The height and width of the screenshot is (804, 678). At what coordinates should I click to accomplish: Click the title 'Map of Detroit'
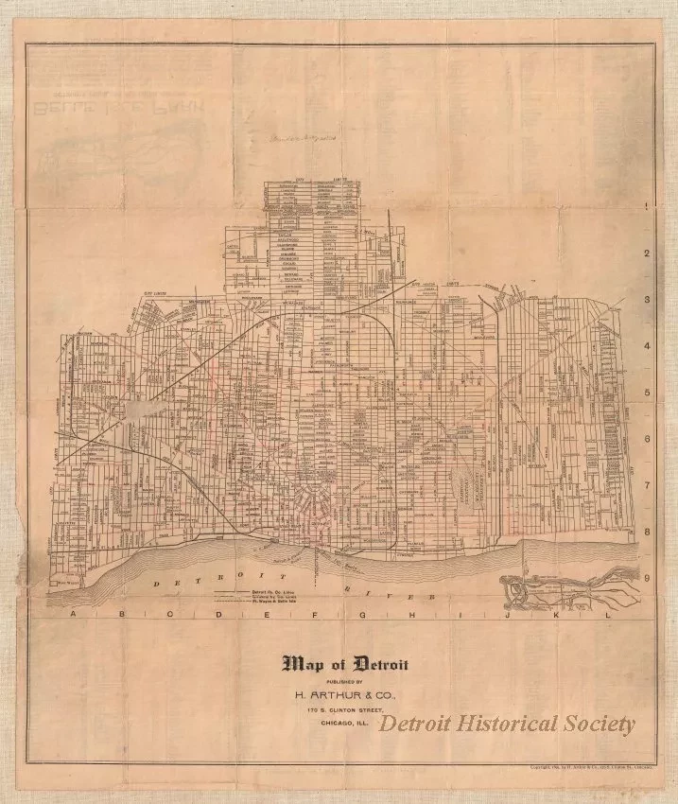pos(346,663)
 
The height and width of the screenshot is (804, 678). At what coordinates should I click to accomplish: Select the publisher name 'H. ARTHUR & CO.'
pos(345,692)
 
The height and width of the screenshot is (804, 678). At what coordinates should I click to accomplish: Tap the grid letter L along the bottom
pos(609,616)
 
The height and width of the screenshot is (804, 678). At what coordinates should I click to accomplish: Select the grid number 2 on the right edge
pos(646,253)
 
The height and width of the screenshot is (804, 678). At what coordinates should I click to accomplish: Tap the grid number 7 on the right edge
pos(646,485)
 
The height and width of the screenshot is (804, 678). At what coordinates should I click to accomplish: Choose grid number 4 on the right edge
pos(646,346)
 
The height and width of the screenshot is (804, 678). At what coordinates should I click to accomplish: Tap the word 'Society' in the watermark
pos(600,724)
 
